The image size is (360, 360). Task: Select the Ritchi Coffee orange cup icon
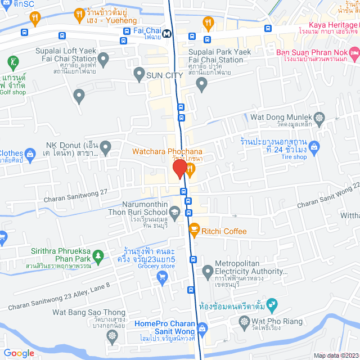click(194, 229)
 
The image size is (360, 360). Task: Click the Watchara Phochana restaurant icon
click(191, 168)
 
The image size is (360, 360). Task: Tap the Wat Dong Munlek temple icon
click(319, 118)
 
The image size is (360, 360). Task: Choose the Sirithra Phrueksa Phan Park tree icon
click(98, 256)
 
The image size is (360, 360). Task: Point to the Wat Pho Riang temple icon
click(244, 322)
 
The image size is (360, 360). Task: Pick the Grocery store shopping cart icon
click(163, 276)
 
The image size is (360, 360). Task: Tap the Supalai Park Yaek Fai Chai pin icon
click(202, 84)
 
